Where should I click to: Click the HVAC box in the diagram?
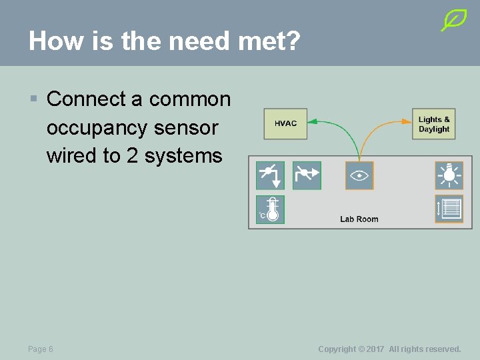(x=285, y=123)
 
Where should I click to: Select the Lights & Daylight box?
(x=434, y=124)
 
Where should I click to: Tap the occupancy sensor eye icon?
(x=359, y=175)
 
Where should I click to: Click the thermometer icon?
(x=271, y=209)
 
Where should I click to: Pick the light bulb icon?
(x=449, y=175)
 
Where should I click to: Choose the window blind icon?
(x=449, y=209)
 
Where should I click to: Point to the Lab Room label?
(x=359, y=219)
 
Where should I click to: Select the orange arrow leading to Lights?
(x=380, y=130)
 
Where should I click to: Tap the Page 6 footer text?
(x=41, y=349)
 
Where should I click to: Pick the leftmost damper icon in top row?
(x=271, y=175)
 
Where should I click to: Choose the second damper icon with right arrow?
(x=307, y=175)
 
